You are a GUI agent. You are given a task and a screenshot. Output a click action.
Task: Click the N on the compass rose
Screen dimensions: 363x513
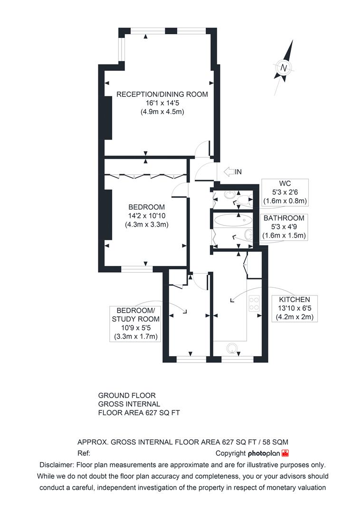tap(284, 68)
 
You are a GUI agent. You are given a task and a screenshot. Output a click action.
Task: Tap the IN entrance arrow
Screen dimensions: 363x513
tap(229, 171)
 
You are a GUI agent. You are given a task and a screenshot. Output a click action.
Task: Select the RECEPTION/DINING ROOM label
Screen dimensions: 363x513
tap(162, 94)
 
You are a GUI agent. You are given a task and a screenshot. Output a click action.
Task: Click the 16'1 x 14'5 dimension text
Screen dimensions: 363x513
tap(162, 103)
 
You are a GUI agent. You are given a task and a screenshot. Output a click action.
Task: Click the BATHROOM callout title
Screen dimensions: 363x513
tap(284, 218)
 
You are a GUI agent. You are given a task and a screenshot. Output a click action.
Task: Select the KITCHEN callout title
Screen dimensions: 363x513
tap(295, 299)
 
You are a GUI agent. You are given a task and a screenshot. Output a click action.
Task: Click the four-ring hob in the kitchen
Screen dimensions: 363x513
tap(254, 303)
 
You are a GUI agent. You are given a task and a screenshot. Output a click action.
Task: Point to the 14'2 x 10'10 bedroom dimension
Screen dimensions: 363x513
tap(147, 216)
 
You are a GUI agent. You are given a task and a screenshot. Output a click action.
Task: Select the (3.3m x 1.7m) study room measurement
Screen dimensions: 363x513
tap(135, 336)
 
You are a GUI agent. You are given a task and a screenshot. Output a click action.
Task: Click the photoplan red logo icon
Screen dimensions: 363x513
tap(285, 453)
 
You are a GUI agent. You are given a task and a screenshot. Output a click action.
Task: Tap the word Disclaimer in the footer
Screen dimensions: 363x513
tap(56, 465)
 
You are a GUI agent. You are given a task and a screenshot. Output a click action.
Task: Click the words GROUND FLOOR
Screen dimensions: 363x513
tap(127, 395)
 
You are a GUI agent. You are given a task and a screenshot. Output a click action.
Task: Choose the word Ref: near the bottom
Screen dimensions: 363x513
tap(84, 454)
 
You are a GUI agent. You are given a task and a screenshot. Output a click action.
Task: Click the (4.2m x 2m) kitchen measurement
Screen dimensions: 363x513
tap(295, 317)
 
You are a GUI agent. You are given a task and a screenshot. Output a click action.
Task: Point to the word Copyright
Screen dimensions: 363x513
tap(230, 454)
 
